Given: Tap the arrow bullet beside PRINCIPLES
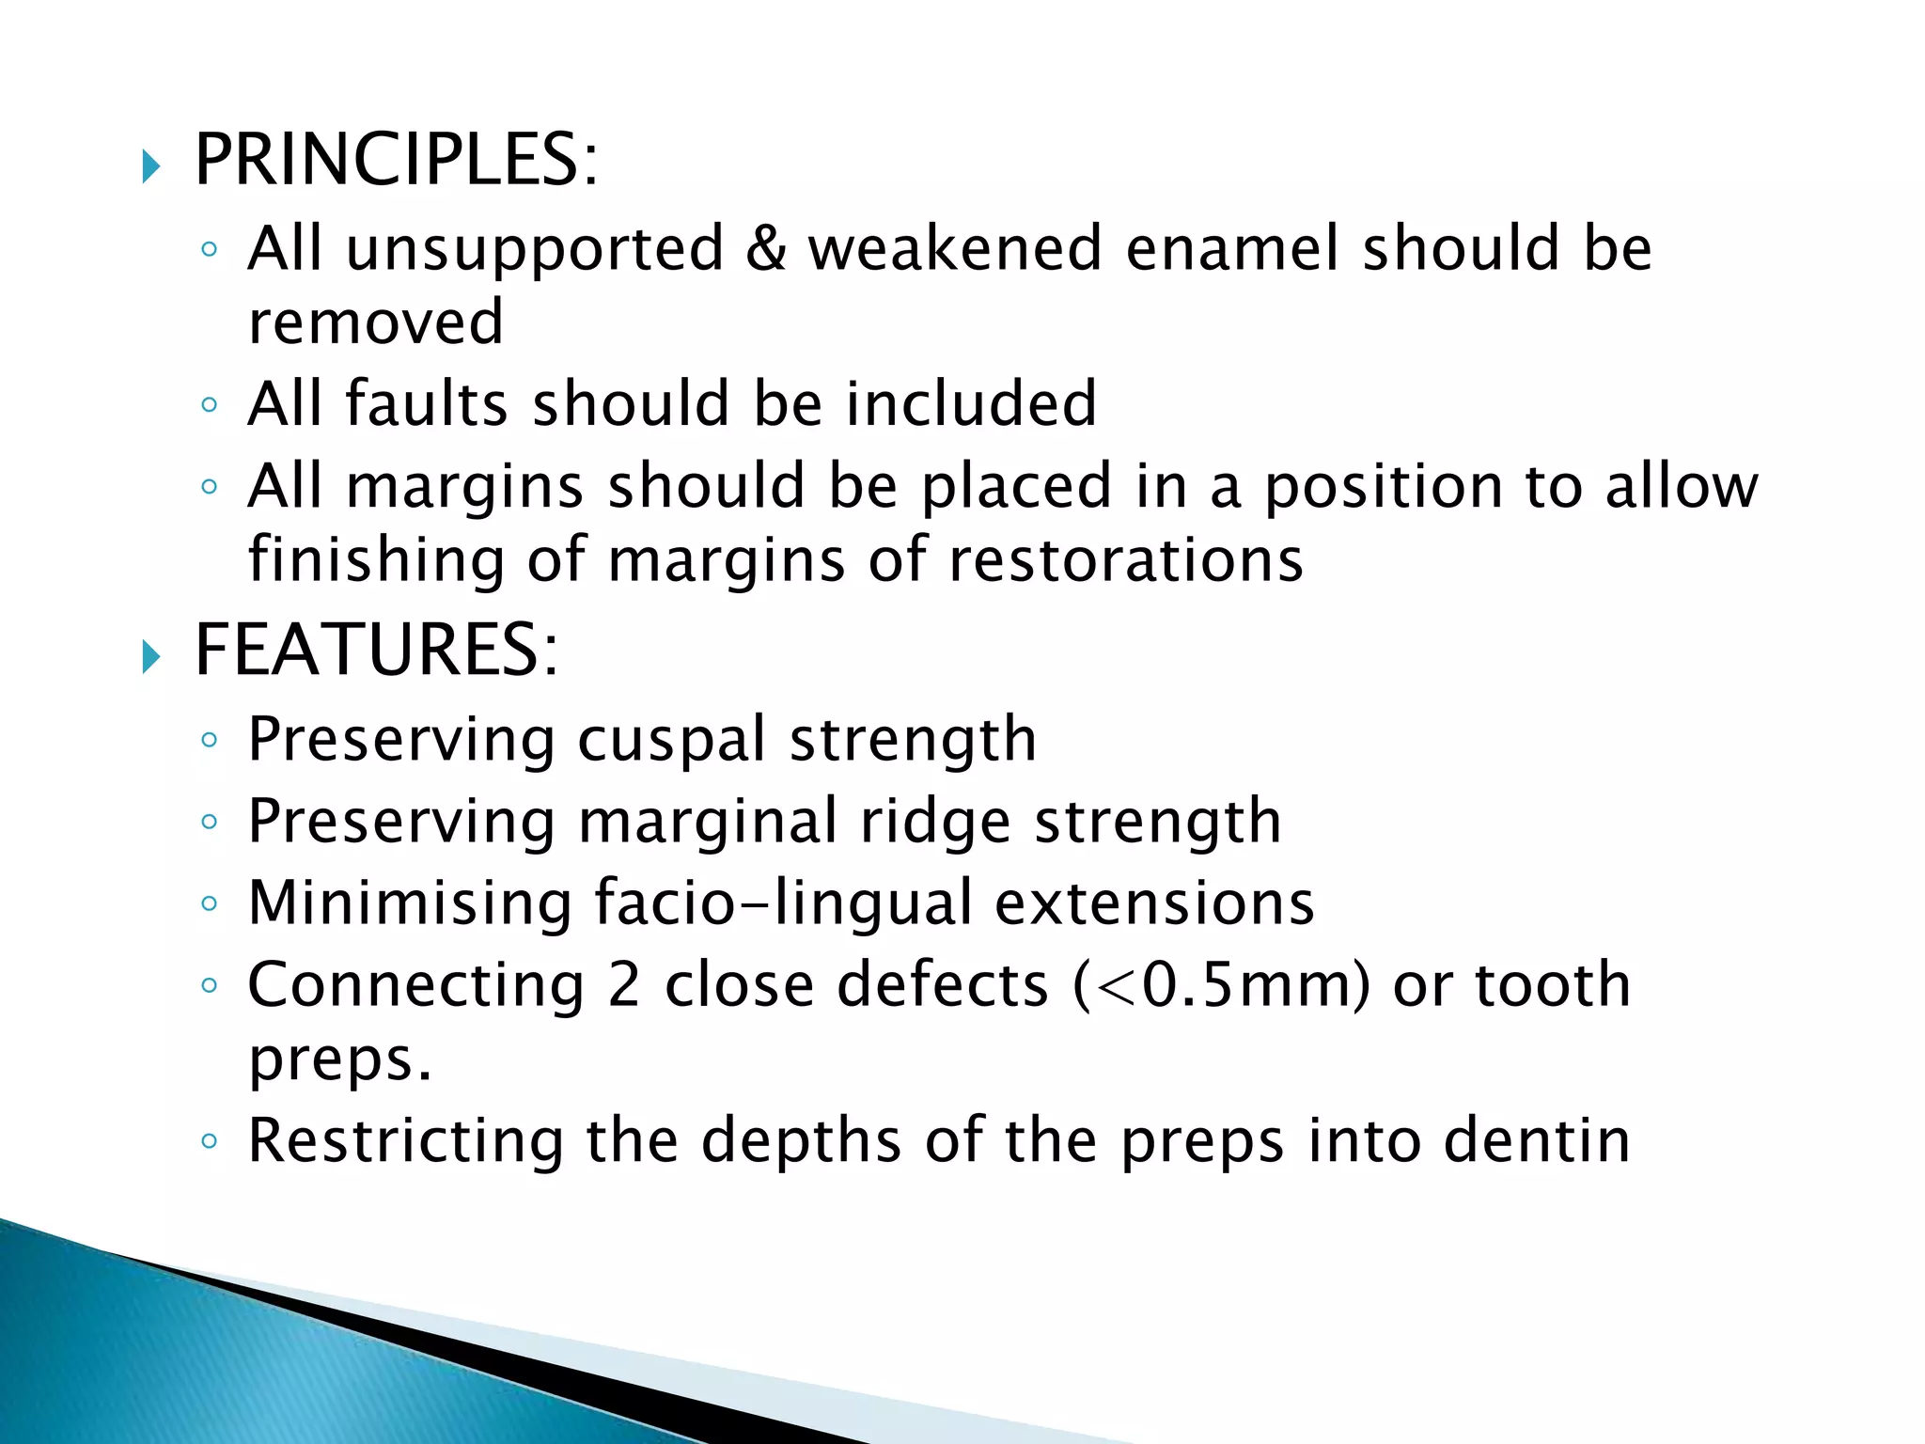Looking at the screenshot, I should click(151, 167).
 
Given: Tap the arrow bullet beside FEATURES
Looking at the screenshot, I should click(151, 657).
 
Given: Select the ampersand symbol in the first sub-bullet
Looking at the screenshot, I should click(766, 248).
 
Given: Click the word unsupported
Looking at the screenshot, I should click(535, 250).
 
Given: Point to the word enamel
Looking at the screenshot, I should click(1231, 248).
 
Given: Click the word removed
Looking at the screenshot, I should click(376, 322).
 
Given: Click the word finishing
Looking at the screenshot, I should click(376, 560).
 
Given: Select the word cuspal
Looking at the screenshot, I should click(672, 740).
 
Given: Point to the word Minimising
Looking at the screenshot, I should click(410, 902).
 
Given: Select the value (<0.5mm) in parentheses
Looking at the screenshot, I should click(1221, 985).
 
